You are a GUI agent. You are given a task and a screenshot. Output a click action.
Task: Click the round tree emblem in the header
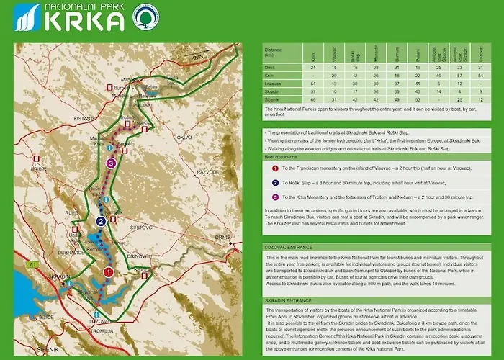[x=147, y=17]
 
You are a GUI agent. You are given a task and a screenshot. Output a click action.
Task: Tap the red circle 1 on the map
[x=108, y=272]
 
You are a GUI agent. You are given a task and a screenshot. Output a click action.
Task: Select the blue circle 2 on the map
[x=102, y=221]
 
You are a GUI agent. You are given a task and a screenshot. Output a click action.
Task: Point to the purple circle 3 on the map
[x=110, y=163]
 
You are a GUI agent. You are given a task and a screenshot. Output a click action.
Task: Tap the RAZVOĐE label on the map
[x=207, y=173]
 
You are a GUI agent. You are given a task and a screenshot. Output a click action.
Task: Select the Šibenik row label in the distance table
[x=271, y=99]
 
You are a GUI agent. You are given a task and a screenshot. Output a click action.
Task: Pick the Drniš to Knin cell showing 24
[x=313, y=67]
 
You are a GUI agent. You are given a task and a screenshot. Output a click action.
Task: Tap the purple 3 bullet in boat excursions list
[x=275, y=197]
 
